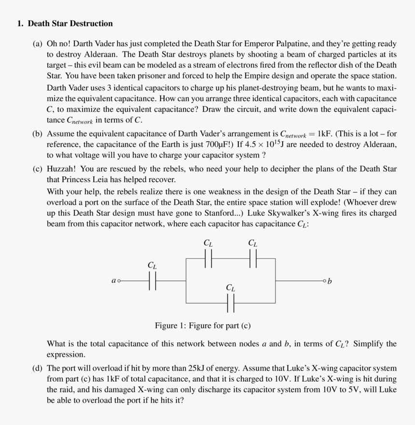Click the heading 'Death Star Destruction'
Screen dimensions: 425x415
coord(70,24)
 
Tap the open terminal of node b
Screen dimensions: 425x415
coord(325,280)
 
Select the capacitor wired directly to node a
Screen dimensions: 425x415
coord(152,280)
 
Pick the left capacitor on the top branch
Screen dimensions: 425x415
coord(208,258)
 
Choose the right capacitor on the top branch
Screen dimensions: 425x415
coord(253,258)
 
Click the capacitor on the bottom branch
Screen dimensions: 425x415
coord(231,303)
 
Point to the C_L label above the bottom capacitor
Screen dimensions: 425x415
coord(231,288)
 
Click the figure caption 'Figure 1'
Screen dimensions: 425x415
coord(202,326)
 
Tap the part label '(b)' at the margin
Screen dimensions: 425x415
coord(38,133)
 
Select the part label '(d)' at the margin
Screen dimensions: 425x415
coord(38,369)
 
